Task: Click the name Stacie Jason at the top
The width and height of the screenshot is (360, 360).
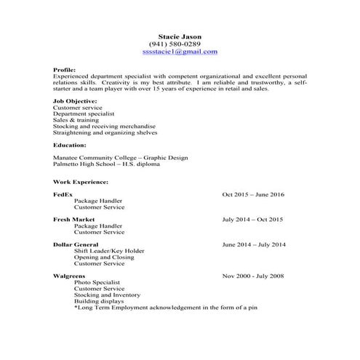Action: [180, 37]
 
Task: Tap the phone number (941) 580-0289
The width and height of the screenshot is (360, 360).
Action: [180, 44]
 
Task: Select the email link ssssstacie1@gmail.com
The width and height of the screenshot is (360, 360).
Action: [180, 52]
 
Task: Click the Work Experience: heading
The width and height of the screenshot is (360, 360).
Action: [81, 181]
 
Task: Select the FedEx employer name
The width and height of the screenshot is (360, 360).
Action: [63, 194]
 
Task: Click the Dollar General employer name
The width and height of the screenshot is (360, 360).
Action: [77, 244]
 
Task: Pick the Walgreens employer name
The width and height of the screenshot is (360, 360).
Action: [69, 276]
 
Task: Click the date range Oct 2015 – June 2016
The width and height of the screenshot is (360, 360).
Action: [253, 194]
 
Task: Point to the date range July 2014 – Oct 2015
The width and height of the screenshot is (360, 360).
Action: [252, 219]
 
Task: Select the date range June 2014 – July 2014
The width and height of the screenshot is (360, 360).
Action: [254, 244]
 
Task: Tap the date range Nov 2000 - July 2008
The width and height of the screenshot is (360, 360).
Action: [254, 276]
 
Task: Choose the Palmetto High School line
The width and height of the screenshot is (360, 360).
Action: [107, 164]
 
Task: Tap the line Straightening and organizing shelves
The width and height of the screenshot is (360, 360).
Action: [105, 133]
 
